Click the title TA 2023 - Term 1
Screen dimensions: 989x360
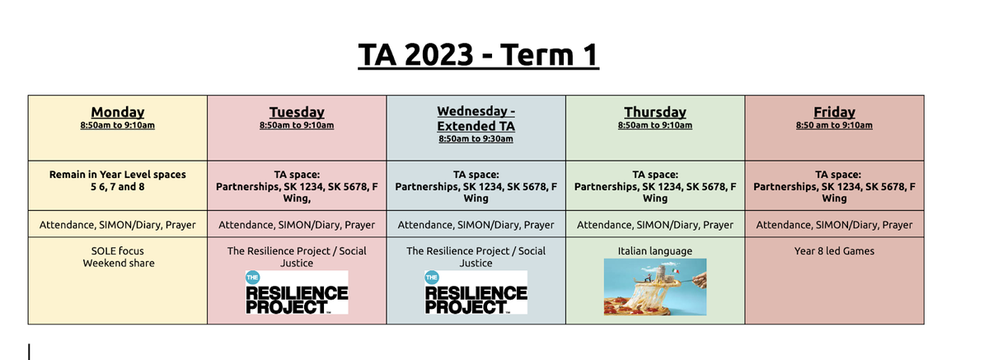click(478, 54)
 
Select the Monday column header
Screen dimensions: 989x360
click(117, 112)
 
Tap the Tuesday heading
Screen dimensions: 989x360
click(297, 112)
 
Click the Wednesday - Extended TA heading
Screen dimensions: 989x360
click(476, 119)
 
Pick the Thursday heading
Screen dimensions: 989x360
click(655, 112)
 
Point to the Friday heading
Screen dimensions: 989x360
click(834, 112)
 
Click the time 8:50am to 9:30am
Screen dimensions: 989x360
click(476, 139)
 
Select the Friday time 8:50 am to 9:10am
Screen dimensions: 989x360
click(834, 125)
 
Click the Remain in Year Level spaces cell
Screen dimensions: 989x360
click(117, 185)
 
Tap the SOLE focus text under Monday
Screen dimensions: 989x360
click(117, 251)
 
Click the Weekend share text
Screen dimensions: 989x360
click(119, 264)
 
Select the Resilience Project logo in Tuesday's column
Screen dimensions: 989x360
click(297, 292)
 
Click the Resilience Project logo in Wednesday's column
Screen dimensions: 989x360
click(476, 292)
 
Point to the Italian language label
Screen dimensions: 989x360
click(655, 251)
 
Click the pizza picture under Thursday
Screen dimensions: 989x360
click(655, 288)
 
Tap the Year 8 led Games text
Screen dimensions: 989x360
click(834, 251)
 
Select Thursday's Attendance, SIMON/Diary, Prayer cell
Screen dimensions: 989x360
click(655, 224)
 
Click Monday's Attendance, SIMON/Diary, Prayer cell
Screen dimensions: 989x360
click(117, 224)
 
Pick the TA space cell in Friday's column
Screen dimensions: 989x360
click(834, 185)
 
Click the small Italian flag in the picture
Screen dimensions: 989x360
click(675, 270)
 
